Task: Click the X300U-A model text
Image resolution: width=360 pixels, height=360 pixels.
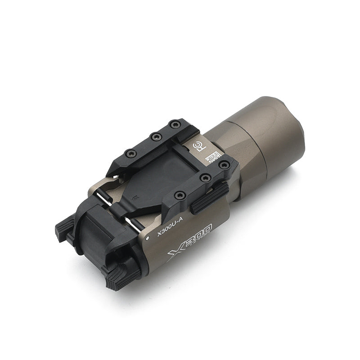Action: coord(168,232)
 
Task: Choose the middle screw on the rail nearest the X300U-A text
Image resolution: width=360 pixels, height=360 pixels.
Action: coord(205,178)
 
